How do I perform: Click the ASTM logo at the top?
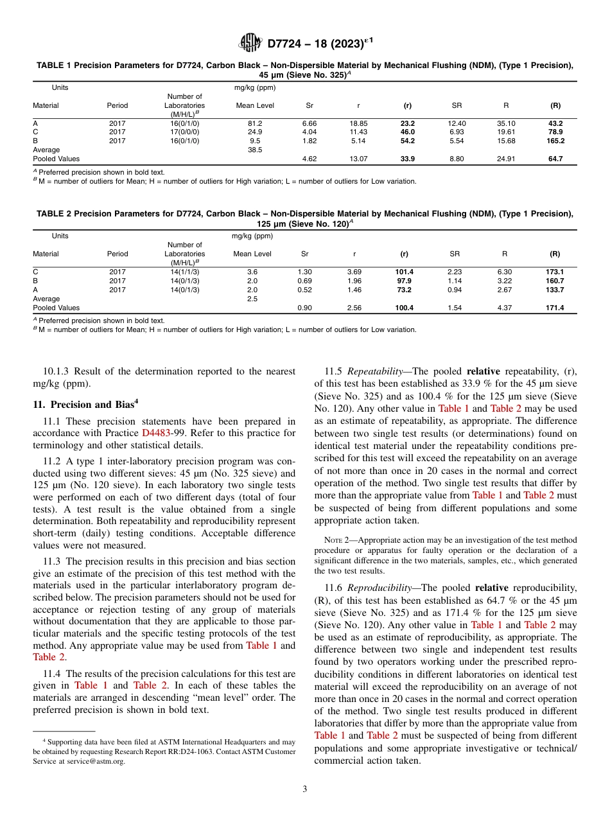tap(250, 43)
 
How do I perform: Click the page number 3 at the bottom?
tap(304, 789)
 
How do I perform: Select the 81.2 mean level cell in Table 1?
tap(255, 123)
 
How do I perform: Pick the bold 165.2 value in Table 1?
tap(555, 141)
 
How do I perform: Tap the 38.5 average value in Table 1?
tap(255, 150)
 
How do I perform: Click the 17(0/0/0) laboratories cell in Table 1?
tap(184, 132)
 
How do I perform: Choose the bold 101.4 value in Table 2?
tap(405, 272)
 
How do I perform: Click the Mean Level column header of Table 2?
tap(252, 254)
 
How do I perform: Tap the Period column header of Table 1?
tap(118, 105)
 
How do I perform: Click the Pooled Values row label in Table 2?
tap(57, 308)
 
